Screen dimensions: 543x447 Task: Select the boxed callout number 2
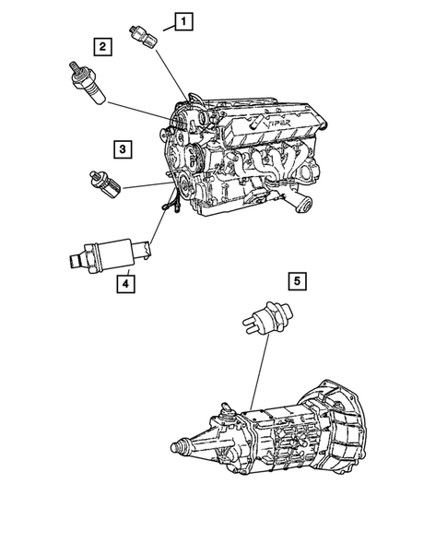[x=102, y=44]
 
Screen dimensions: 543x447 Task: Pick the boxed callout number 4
[x=124, y=283]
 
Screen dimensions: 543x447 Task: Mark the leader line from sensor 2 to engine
[x=138, y=111]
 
